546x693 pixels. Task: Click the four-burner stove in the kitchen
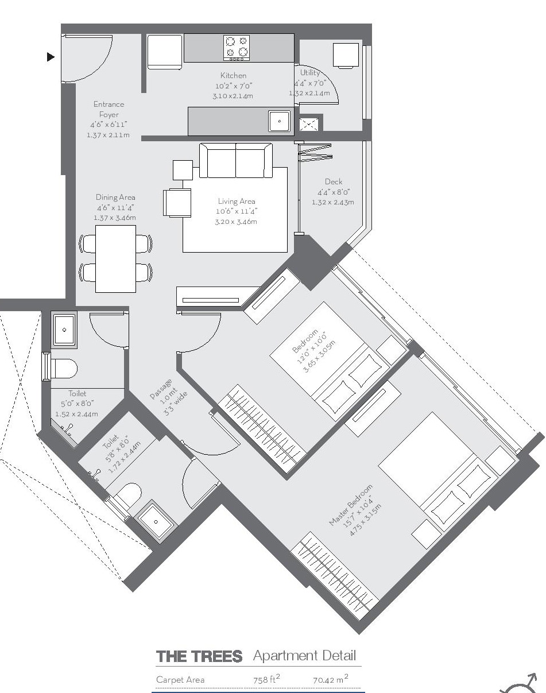click(x=237, y=48)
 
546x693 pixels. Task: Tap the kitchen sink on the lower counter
click(x=280, y=121)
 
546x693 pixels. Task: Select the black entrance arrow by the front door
click(x=51, y=57)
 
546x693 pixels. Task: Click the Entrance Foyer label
click(x=109, y=110)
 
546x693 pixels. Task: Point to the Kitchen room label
click(x=233, y=75)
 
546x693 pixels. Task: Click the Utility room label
click(x=310, y=73)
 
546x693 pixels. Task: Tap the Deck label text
click(x=333, y=182)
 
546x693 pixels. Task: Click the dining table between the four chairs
click(x=116, y=258)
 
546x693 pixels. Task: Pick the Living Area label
click(x=236, y=201)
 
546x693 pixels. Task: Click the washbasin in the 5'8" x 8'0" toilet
click(x=154, y=521)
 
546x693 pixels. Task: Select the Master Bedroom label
click(x=350, y=505)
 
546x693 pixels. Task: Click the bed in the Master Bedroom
click(x=436, y=471)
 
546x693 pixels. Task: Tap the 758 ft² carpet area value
click(x=266, y=679)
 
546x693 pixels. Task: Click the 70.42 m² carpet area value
click(x=330, y=679)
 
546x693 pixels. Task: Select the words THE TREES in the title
click(x=199, y=656)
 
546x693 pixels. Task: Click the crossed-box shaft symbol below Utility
click(x=309, y=123)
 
